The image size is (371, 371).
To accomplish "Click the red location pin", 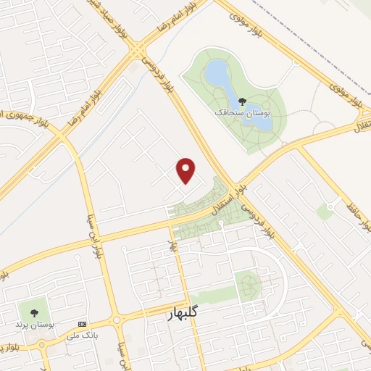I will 186,170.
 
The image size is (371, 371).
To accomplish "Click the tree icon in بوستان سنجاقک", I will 241,102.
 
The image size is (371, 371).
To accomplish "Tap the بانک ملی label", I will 82,335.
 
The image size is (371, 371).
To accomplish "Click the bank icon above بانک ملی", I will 82,324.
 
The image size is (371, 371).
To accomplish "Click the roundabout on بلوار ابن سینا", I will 116,320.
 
